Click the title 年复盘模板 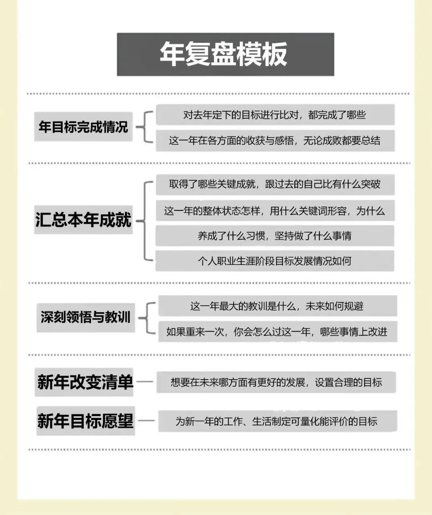tap(224, 54)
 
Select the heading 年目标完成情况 tap(83, 127)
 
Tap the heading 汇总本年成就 tap(83, 220)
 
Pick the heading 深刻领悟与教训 tap(86, 318)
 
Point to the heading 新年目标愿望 tap(86, 421)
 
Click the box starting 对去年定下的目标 tap(275, 115)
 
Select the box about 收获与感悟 tap(275, 141)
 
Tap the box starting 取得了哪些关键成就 tap(275, 185)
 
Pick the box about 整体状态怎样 tap(275, 211)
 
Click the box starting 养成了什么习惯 tap(275, 236)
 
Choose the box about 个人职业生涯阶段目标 tap(275, 261)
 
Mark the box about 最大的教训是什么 tap(278, 306)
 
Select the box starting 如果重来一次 tap(278, 332)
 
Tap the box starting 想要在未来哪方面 tap(276, 382)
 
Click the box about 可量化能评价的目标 tap(278, 421)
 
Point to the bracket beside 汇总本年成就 tap(144, 221)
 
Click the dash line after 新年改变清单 tap(145, 382)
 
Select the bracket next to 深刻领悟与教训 tap(147, 318)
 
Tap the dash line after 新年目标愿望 tap(146, 421)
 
